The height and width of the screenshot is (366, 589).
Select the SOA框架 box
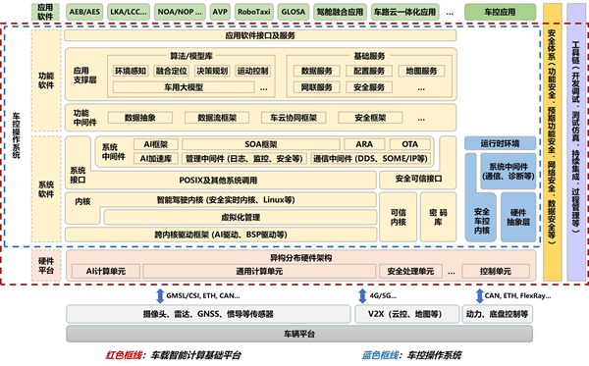tap(264, 143)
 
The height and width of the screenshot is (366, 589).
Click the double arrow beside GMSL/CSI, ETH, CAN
tap(159, 294)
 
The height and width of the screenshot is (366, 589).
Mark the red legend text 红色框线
tap(127, 354)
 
